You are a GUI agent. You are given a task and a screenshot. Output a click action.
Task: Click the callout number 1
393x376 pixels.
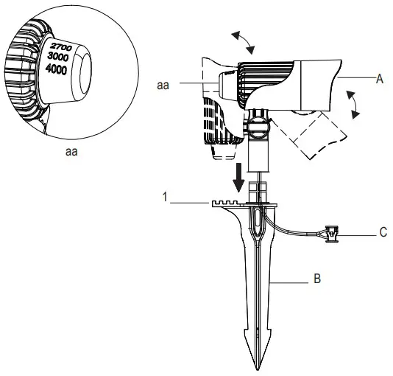169,197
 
